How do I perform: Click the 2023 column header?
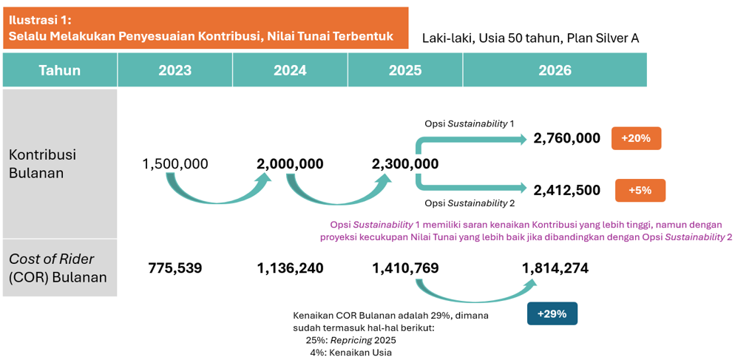tap(175, 69)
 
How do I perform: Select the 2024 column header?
tap(290, 69)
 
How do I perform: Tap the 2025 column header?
tap(405, 69)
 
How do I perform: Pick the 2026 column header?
tap(555, 69)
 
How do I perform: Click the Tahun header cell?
tap(60, 69)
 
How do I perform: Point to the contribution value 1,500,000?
tap(175, 163)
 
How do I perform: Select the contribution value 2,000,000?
tap(290, 163)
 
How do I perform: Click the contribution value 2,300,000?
tap(405, 163)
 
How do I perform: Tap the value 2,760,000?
tap(566, 138)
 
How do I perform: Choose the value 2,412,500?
tap(566, 190)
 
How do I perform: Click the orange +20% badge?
tap(636, 138)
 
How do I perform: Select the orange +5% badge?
tap(640, 190)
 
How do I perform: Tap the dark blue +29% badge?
tap(552, 313)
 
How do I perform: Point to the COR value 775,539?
tap(175, 268)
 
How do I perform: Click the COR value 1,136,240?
tap(290, 268)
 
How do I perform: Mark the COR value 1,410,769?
tap(405, 268)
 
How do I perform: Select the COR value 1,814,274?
tap(555, 268)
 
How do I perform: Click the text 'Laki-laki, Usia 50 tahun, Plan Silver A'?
tap(531, 38)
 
